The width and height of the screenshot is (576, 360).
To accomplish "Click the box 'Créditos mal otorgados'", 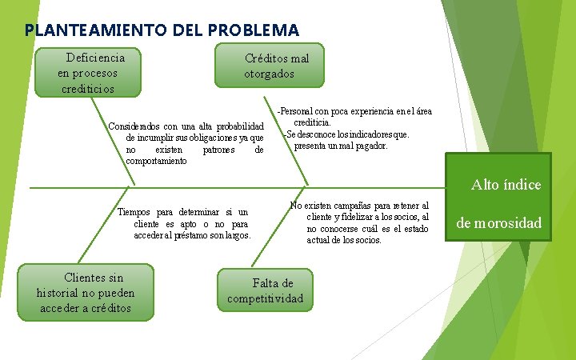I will tap(270, 66).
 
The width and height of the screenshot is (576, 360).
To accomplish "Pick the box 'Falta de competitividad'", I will tap(266, 290).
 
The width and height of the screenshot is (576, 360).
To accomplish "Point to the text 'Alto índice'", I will tap(506, 185).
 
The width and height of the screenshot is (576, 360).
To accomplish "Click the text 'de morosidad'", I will tap(499, 222).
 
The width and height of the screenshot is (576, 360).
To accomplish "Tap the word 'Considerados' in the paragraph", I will tap(134, 126).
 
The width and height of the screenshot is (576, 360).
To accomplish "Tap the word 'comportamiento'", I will tap(156, 161).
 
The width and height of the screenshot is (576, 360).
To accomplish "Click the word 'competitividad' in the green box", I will tap(266, 298).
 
